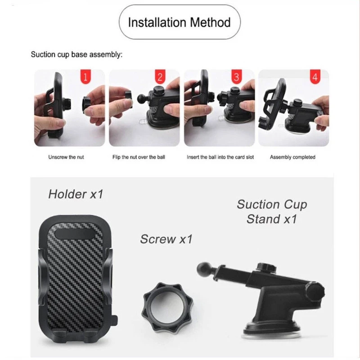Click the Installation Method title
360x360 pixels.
pyautogui.click(x=179, y=22)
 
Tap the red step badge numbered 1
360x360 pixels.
pyautogui.click(x=85, y=76)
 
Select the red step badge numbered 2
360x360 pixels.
pyautogui.click(x=160, y=76)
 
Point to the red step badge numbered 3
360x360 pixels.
pyautogui.click(x=237, y=76)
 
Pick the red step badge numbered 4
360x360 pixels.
pyautogui.click(x=315, y=76)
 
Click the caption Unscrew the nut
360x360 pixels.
pyautogui.click(x=66, y=157)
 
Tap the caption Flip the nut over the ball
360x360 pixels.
pyautogui.click(x=139, y=157)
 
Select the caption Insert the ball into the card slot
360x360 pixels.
pyautogui.click(x=220, y=157)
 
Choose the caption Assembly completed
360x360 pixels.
pyautogui.click(x=293, y=157)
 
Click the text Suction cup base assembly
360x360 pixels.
pyautogui.click(x=76, y=54)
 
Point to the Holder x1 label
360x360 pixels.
pyautogui.click(x=76, y=194)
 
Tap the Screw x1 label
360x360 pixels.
pyautogui.click(x=166, y=239)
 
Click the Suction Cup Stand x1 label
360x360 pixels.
pyautogui.click(x=272, y=211)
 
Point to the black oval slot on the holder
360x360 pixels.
pyautogui.click(x=75, y=234)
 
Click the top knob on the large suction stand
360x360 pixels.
pyautogui.click(x=266, y=267)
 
